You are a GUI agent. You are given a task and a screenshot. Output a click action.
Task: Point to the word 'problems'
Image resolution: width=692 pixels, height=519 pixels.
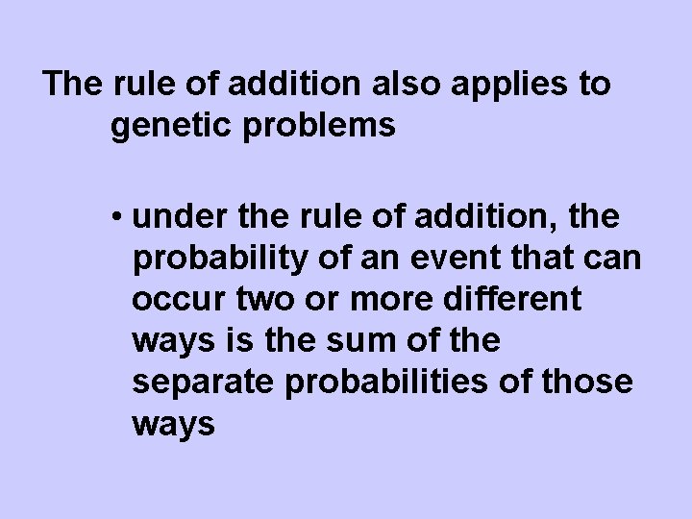pyautogui.click(x=327, y=127)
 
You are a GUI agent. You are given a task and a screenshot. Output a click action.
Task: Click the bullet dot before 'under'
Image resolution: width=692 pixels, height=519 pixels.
pyautogui.click(x=117, y=219)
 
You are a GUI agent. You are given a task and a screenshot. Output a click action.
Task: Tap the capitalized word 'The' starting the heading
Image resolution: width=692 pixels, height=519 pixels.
pyautogui.click(x=73, y=85)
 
